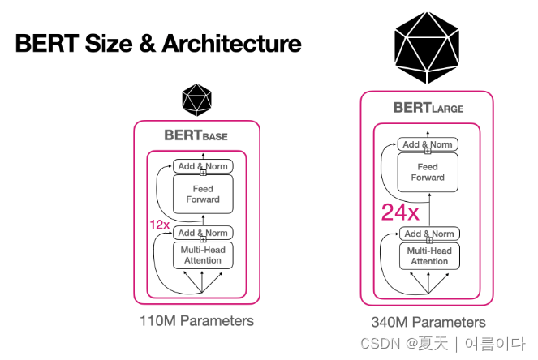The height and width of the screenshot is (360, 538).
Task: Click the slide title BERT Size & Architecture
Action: pyautogui.click(x=158, y=43)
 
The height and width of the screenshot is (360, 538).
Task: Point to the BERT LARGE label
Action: pyautogui.click(x=428, y=107)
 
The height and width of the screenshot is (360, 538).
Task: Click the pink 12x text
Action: pyautogui.click(x=160, y=224)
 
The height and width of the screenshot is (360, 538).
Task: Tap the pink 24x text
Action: pyautogui.click(x=400, y=212)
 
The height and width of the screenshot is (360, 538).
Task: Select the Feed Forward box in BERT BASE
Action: pyautogui.click(x=203, y=195)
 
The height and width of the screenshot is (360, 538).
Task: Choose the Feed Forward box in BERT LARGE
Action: pyautogui.click(x=428, y=173)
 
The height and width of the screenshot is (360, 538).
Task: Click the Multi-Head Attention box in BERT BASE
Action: pyautogui.click(x=203, y=255)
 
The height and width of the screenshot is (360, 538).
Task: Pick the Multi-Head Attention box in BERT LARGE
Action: pyautogui.click(x=428, y=256)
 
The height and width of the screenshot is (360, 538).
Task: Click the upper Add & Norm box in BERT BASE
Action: pyautogui.click(x=203, y=166)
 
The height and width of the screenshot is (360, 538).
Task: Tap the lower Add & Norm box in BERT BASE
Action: pyautogui.click(x=203, y=233)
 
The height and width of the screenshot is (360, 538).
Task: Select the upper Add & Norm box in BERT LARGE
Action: pyautogui.click(x=428, y=144)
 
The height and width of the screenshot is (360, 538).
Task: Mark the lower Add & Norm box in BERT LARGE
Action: pyautogui.click(x=428, y=234)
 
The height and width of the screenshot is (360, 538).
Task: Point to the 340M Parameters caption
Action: pyautogui.click(x=428, y=322)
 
